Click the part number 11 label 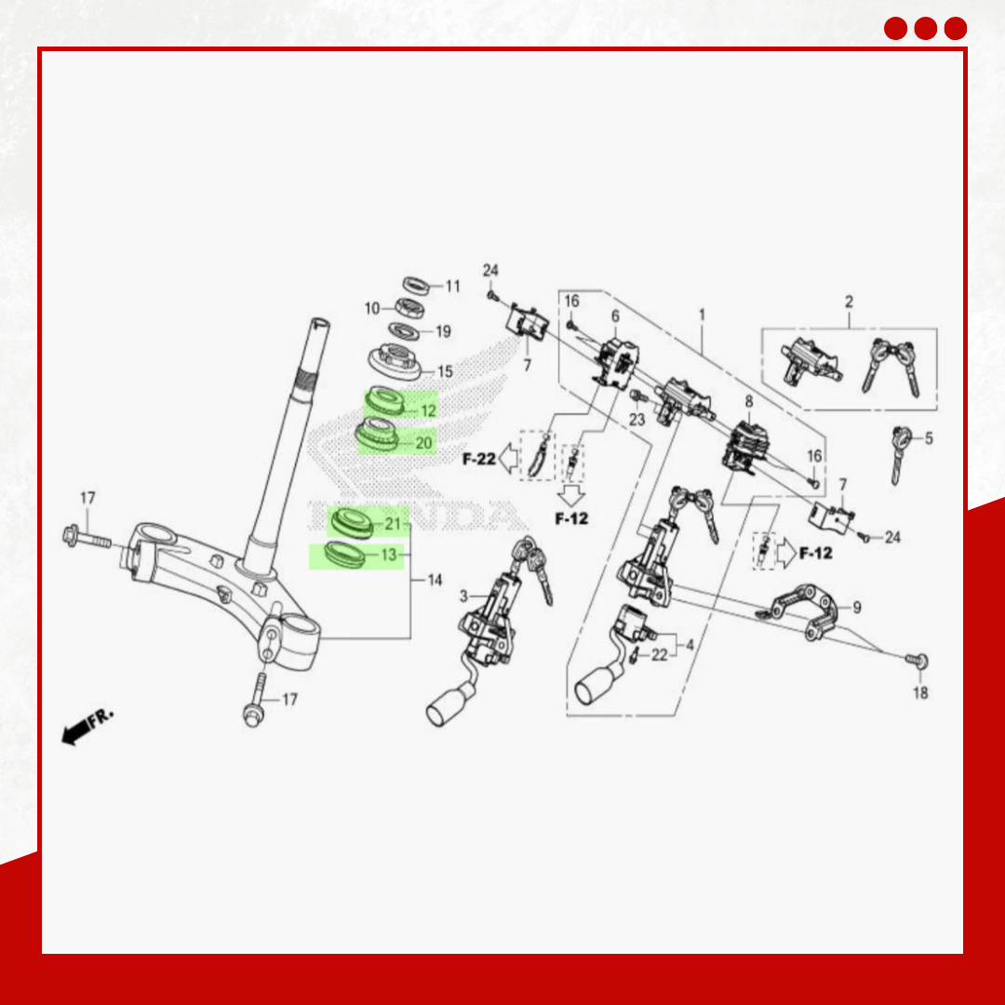tap(453, 286)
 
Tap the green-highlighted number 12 tap(429, 411)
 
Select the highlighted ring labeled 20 tap(377, 434)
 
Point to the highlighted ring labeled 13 tap(345, 554)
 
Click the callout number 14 tap(435, 580)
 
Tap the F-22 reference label tap(479, 459)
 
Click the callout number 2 tap(850, 301)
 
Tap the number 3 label tap(463, 596)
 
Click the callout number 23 tap(636, 419)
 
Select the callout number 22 tap(660, 654)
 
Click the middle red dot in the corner tap(926, 28)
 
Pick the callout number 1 tap(702, 315)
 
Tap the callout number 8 tap(748, 402)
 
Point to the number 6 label tap(615, 316)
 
